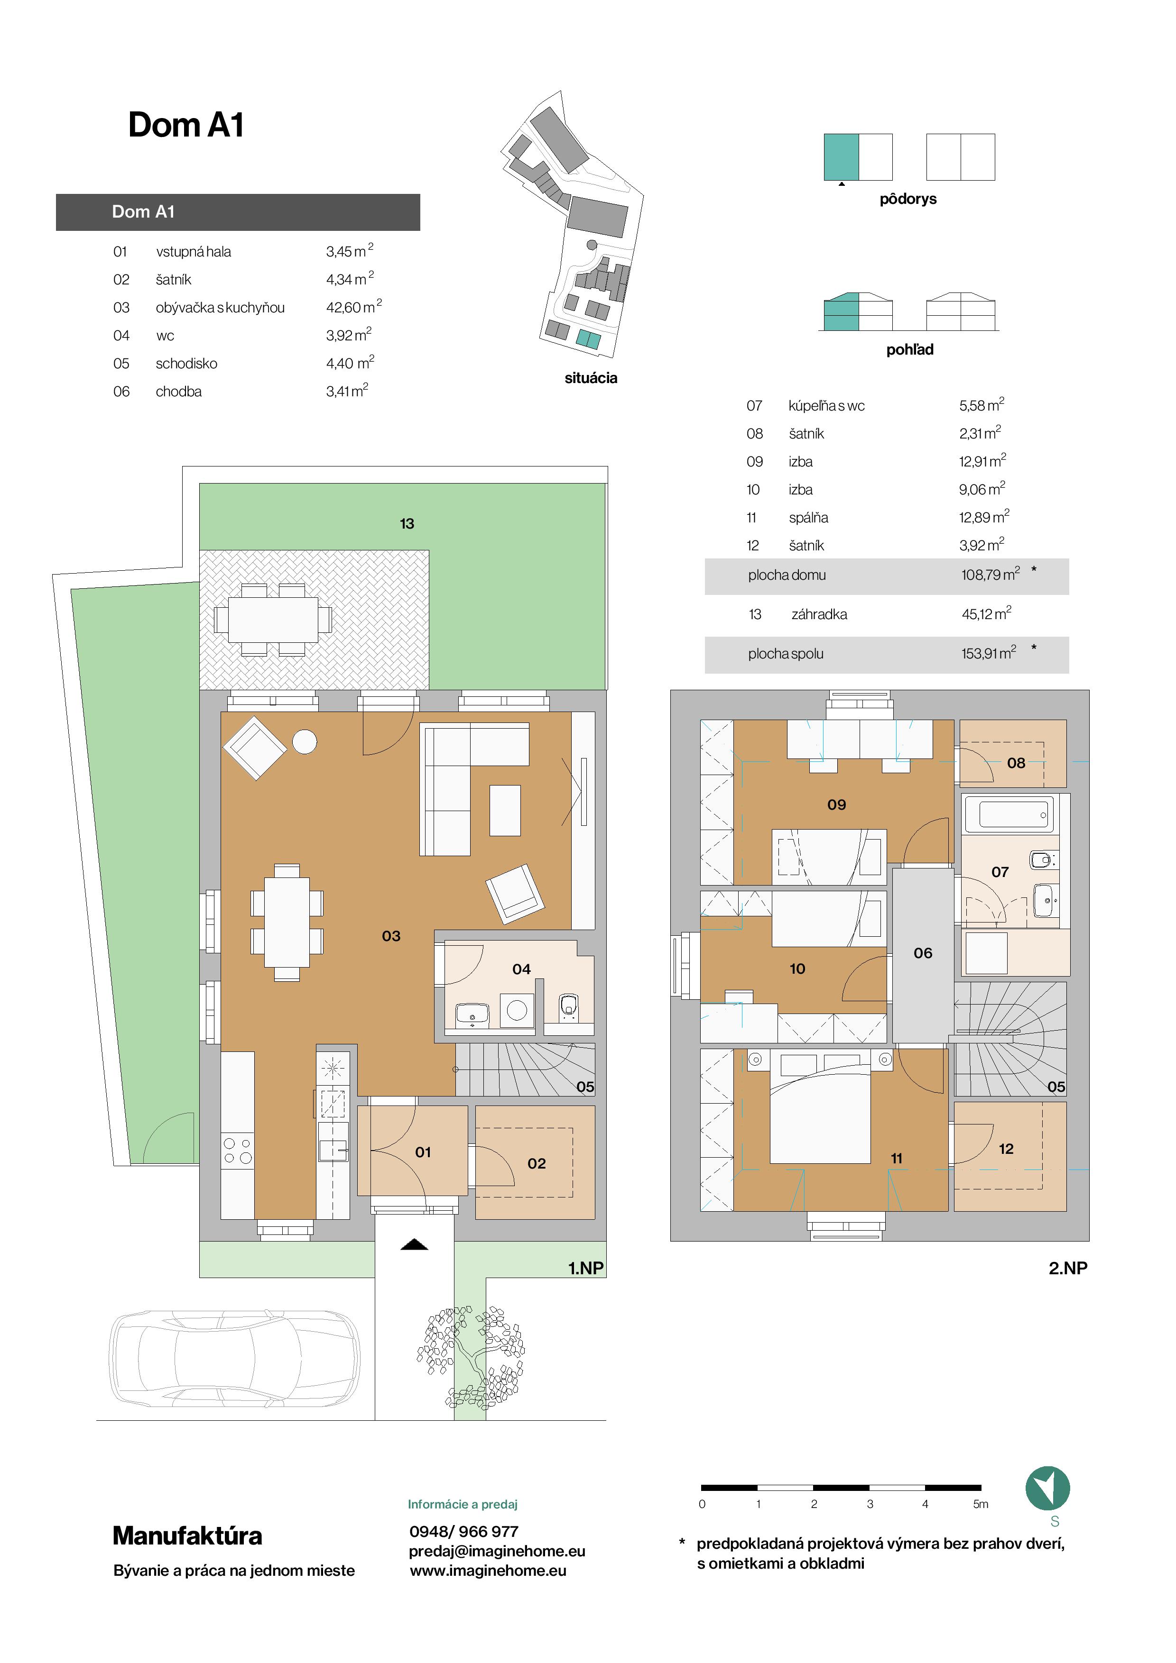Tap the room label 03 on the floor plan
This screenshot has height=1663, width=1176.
[x=391, y=936]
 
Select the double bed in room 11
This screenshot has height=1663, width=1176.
[x=820, y=1108]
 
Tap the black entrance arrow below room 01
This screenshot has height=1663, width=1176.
[x=415, y=1244]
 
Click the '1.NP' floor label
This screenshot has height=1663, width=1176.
[x=585, y=1268]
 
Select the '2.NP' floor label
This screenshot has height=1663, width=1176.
[x=1068, y=1268]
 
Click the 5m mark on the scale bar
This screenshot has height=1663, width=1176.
[x=981, y=1504]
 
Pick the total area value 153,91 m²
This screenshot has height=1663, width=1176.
[x=989, y=653]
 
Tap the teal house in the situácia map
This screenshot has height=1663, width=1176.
[x=588, y=339]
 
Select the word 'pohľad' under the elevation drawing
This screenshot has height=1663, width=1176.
[x=909, y=350]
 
